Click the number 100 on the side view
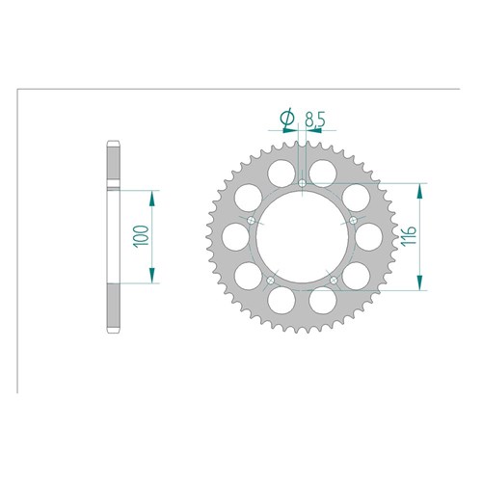pos(142,236)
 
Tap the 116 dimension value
pos(409,235)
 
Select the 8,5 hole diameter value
pos(315,120)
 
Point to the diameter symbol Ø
pos(287,117)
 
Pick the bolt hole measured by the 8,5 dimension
pos(302,183)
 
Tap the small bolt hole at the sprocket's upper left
pos(252,221)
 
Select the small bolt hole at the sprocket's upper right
pos(353,220)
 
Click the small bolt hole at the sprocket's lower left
pos(271,281)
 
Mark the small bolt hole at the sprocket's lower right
pos(334,281)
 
